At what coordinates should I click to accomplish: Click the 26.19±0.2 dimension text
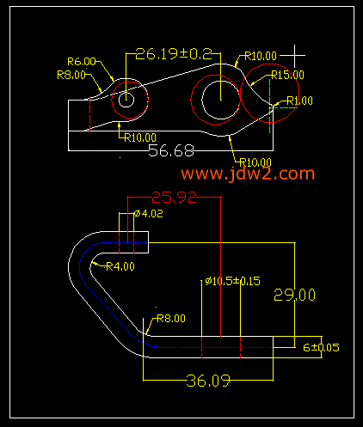[x=174, y=54]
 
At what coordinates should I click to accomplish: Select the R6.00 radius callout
[x=82, y=62]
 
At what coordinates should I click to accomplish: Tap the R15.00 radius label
[x=287, y=75]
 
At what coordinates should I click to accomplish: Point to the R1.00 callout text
[x=300, y=101]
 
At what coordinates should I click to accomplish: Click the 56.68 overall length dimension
[x=171, y=150]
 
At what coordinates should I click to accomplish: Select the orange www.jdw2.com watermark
[x=248, y=174]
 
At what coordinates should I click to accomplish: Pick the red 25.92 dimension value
[x=175, y=198]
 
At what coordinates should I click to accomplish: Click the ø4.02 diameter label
[x=149, y=214]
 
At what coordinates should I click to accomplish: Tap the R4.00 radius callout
[x=120, y=266]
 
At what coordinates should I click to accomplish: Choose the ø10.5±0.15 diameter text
[x=233, y=281]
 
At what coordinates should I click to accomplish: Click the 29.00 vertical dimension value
[x=295, y=295]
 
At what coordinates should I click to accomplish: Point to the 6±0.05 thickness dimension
[x=321, y=348]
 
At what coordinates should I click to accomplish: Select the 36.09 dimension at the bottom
[x=208, y=381]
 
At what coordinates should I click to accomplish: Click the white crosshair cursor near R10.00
[x=294, y=56]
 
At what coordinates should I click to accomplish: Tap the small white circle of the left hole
[x=126, y=100]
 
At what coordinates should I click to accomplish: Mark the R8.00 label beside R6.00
[x=71, y=75]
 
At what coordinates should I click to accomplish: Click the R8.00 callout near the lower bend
[x=171, y=319]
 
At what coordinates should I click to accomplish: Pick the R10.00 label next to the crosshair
[x=261, y=56]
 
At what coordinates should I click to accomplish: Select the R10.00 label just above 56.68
[x=140, y=138]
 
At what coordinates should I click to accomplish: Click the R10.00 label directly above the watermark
[x=255, y=162]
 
